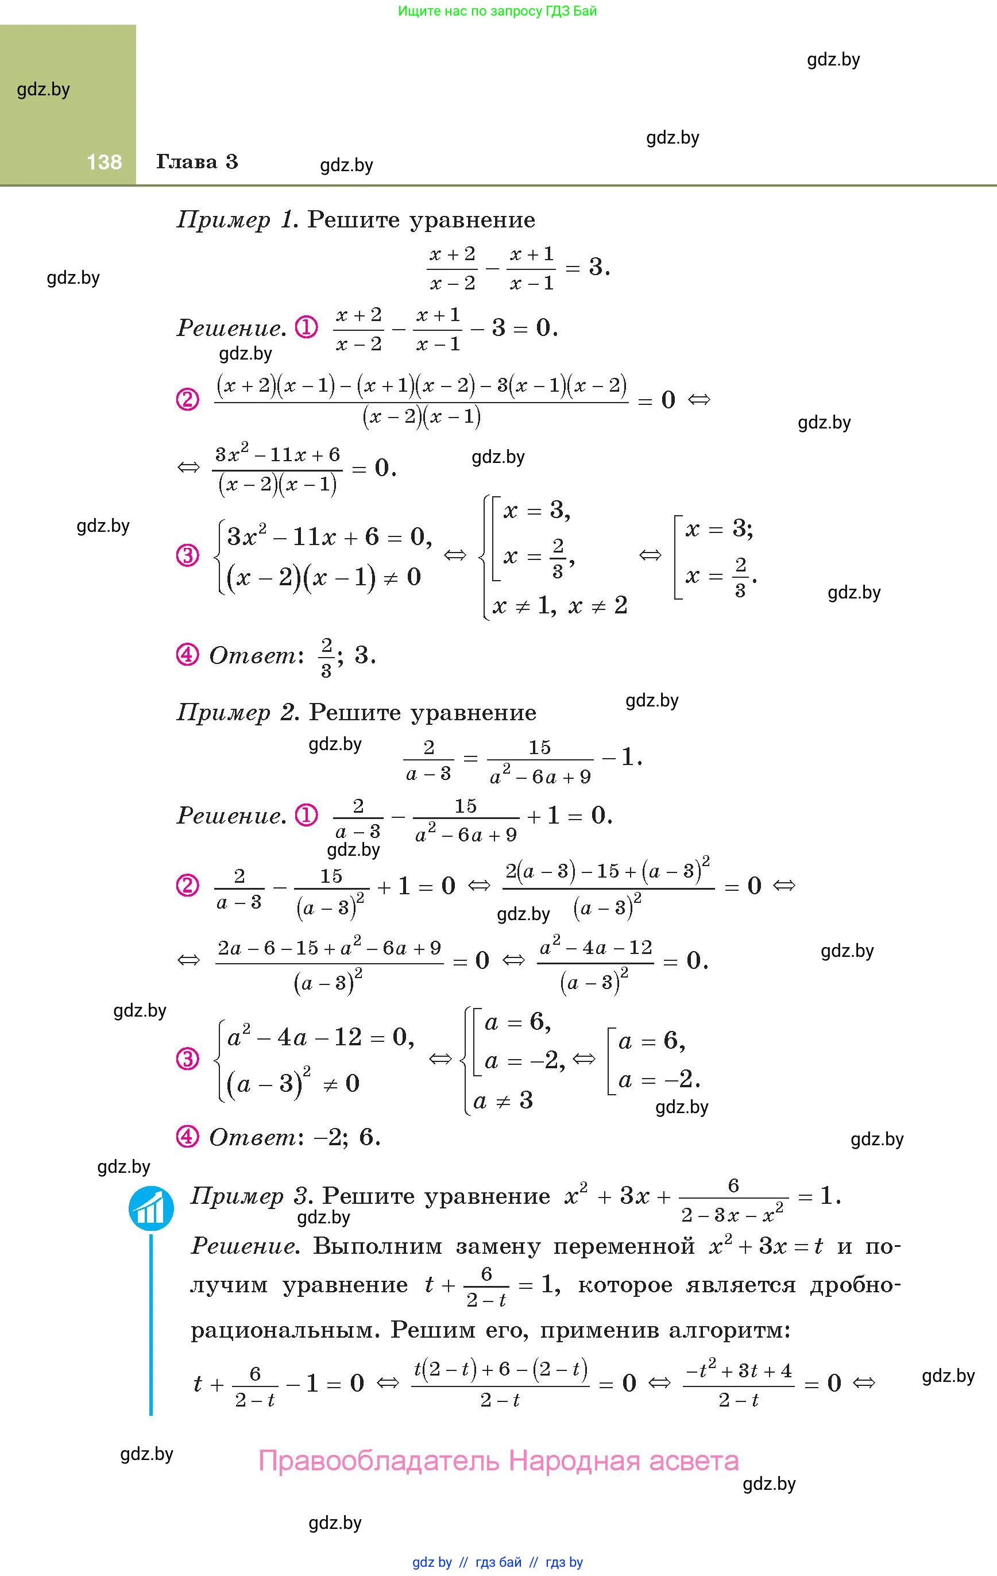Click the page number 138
(104, 161)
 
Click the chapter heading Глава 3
(197, 161)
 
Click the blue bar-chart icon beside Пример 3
(151, 1208)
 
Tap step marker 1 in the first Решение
(306, 327)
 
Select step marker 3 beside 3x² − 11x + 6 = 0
(187, 557)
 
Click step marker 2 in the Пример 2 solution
(187, 886)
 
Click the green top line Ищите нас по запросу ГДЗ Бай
(497, 11)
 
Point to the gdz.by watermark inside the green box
(43, 89)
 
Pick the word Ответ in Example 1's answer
(253, 655)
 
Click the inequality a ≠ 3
(503, 1101)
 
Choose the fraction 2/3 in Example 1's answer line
(326, 657)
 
